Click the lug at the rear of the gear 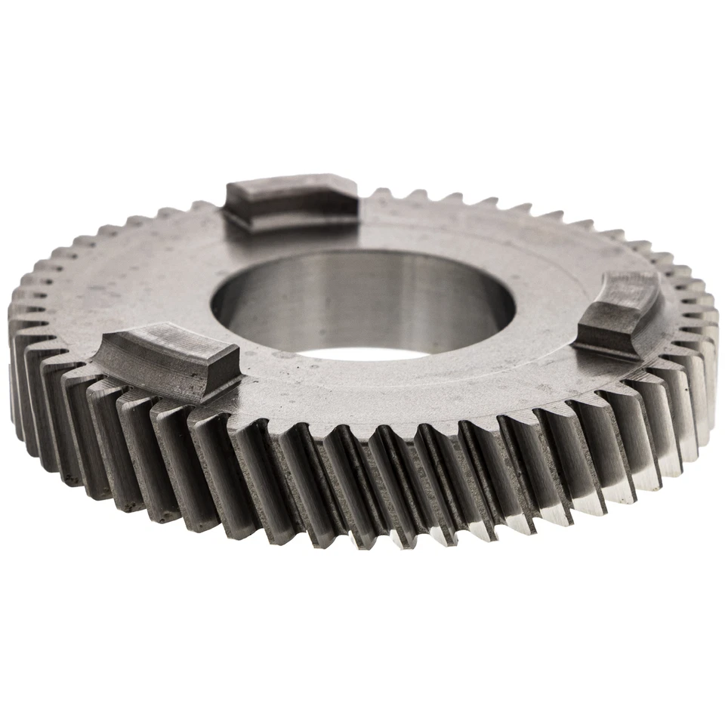[291, 202]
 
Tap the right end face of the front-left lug [224, 374]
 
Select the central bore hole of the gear [362, 302]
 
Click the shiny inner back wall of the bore [362, 291]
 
